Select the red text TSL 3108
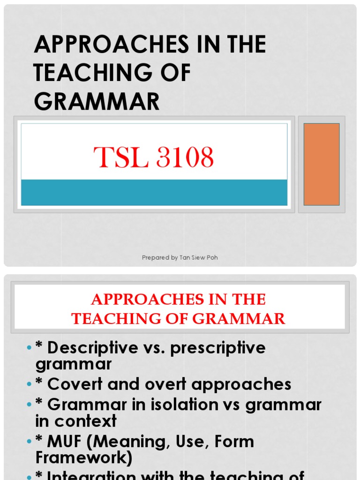154,157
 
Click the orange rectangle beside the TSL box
322,164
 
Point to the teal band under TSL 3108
154,192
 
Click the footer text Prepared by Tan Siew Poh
180,258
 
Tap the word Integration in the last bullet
94,475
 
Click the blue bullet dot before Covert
29,384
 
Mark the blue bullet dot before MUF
29,442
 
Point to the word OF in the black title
176,74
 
